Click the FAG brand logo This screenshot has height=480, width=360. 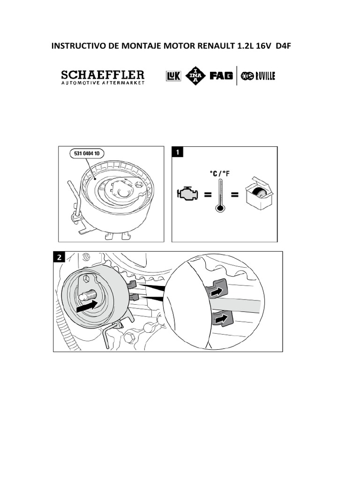click(221, 76)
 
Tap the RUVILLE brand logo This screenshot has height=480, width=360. click(258, 76)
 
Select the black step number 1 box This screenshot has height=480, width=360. click(178, 152)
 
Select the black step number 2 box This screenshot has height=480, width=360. click(59, 257)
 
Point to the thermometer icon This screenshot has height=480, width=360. click(219, 195)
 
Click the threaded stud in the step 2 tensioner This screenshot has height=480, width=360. click(89, 296)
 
